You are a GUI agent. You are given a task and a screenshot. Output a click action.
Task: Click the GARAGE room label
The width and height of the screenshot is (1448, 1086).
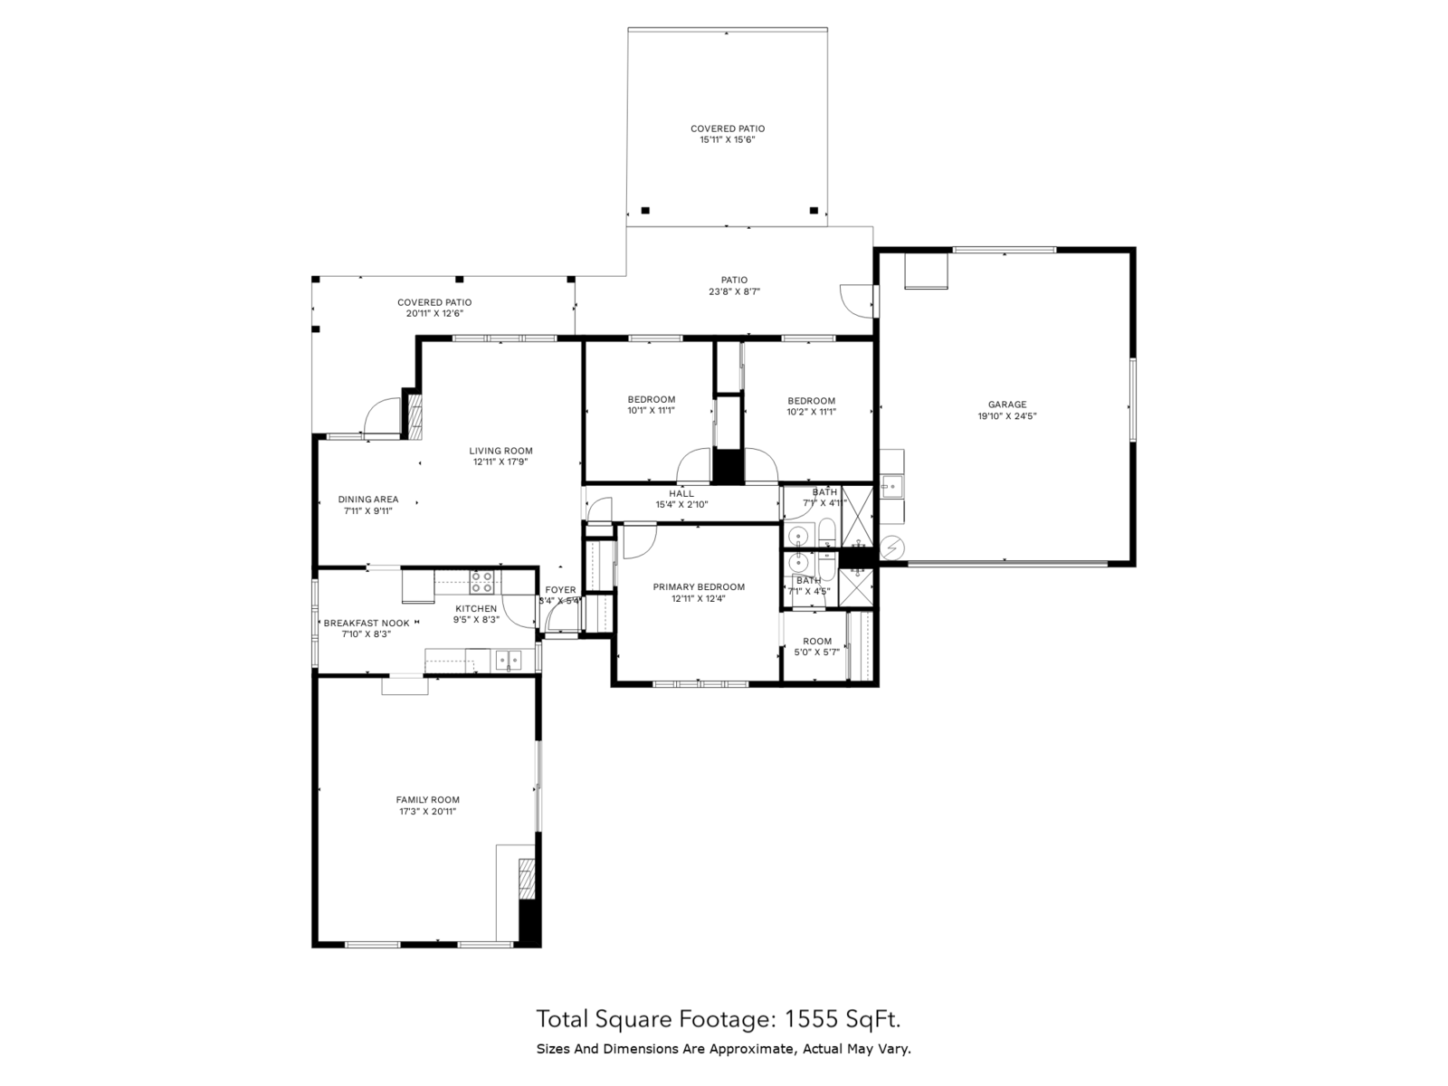(1006, 405)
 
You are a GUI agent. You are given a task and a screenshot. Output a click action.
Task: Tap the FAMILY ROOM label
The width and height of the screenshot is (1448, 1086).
(427, 800)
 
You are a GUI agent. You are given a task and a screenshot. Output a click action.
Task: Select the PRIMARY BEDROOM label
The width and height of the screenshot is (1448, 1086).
(699, 587)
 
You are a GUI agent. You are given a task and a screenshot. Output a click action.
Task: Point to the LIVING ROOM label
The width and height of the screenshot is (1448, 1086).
(500, 451)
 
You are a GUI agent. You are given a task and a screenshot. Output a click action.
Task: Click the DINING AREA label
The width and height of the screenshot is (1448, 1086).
(367, 500)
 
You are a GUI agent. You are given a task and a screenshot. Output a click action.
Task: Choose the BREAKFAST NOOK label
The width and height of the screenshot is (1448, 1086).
(367, 623)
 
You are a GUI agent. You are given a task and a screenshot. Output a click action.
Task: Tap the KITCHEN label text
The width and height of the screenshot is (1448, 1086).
(476, 609)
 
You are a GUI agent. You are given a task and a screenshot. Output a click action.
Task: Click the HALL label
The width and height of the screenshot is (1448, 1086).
(681, 493)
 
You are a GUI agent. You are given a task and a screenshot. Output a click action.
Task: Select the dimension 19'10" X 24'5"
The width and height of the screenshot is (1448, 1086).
(1006, 416)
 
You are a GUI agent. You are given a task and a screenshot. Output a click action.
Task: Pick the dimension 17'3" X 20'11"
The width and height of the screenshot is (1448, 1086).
(427, 812)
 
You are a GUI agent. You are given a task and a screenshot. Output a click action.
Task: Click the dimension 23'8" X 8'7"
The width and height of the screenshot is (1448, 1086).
(734, 291)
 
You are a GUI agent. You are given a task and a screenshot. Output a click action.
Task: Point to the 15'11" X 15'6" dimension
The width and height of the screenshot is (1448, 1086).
(727, 140)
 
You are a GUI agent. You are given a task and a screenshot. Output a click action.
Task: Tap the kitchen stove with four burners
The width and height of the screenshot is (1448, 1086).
(481, 580)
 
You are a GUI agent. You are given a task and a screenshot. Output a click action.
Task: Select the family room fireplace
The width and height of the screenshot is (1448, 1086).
(526, 879)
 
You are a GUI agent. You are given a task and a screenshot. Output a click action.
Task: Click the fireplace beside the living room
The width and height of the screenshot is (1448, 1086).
(413, 415)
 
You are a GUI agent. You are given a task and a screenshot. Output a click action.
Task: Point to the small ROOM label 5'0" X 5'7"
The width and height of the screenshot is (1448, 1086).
(816, 641)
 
